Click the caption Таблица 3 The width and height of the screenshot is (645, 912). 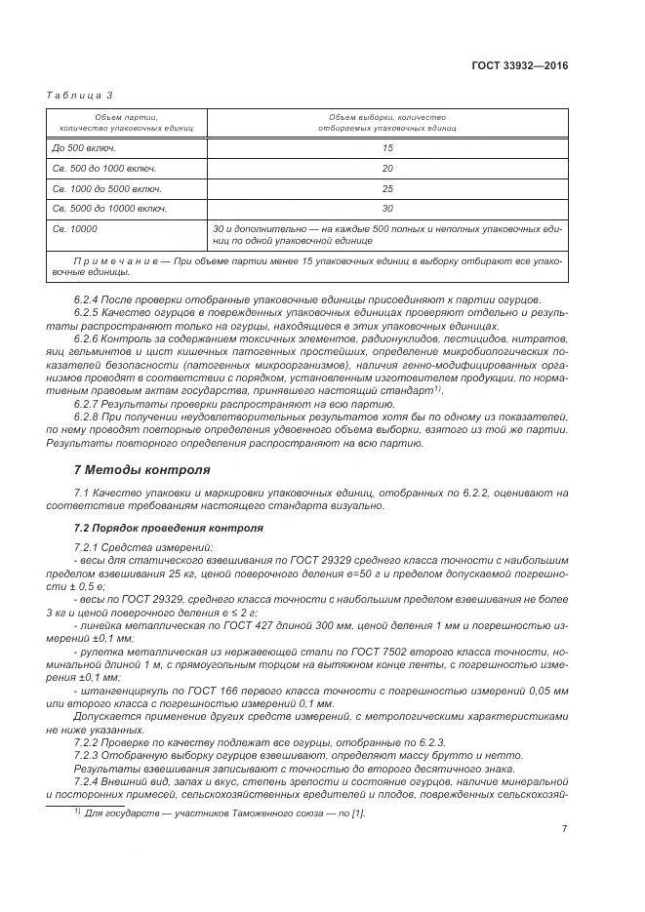pos(80,95)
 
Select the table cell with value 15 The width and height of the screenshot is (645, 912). pos(387,147)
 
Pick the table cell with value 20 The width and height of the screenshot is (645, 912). pos(387,168)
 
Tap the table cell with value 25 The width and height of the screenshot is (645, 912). pos(387,188)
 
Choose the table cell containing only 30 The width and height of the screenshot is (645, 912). pos(387,209)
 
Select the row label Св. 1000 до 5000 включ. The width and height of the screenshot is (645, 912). pos(107,188)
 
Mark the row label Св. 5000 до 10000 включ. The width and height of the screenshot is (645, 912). pos(110,209)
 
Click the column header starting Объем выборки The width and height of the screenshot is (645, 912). pos(387,122)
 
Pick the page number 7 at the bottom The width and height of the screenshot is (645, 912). pos(565,828)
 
